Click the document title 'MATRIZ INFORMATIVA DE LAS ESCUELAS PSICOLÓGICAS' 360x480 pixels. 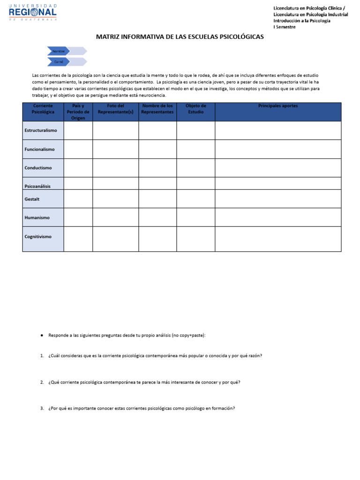pyautogui.click(x=180, y=37)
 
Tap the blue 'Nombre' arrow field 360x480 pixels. pyautogui.click(x=59, y=51)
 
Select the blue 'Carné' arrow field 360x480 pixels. pyautogui.click(x=59, y=61)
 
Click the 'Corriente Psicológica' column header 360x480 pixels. pyautogui.click(x=43, y=109)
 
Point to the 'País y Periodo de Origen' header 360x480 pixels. pyautogui.click(x=78, y=112)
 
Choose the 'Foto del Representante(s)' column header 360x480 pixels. pyautogui.click(x=115, y=109)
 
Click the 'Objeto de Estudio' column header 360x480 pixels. pyautogui.click(x=195, y=109)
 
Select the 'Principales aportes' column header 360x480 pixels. pyautogui.click(x=277, y=106)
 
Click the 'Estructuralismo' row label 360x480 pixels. pyautogui.click(x=41, y=130)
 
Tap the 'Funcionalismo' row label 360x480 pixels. pyautogui.click(x=39, y=149)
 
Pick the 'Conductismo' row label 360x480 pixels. pyautogui.click(x=38, y=168)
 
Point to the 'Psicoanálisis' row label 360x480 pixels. pyautogui.click(x=37, y=186)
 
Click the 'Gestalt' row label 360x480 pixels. pyautogui.click(x=32, y=199)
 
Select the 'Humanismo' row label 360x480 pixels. pyautogui.click(x=37, y=217)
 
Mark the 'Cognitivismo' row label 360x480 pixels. pyautogui.click(x=38, y=237)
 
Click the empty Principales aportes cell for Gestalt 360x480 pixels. pyautogui.click(x=277, y=199)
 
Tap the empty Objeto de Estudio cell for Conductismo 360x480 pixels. pyautogui.click(x=195, y=168)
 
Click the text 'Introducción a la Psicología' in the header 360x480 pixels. pyautogui.click(x=302, y=21)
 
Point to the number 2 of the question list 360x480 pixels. pyautogui.click(x=42, y=382)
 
